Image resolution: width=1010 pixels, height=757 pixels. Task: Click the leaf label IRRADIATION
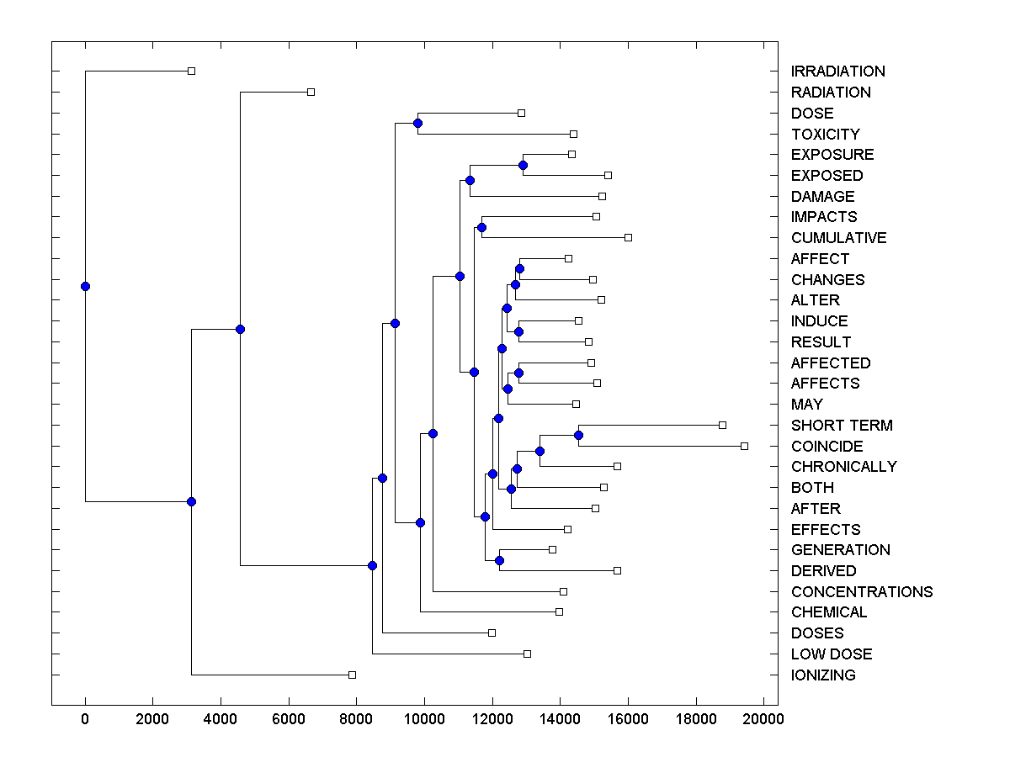pos(837,71)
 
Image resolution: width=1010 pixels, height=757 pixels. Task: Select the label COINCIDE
pos(827,446)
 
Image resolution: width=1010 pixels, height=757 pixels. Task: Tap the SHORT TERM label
pos(842,426)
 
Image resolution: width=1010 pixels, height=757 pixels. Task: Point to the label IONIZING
pos(822,675)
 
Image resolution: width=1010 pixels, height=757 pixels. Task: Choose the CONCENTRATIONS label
pos(861,591)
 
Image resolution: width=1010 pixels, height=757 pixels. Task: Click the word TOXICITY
pos(825,134)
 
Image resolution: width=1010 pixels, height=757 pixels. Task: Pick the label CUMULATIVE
pos(838,238)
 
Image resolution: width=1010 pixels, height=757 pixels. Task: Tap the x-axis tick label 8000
pos(356,720)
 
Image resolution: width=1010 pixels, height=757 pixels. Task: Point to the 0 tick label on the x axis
pos(85,720)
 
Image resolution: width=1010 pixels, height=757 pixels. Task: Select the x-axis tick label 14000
pos(560,720)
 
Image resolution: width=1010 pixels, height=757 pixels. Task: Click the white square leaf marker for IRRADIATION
pos(191,71)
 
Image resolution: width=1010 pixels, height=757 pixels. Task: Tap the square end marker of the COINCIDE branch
pos(744,446)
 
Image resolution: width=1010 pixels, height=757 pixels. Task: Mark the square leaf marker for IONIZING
pos(352,675)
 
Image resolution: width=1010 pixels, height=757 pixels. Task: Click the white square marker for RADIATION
pos(311,92)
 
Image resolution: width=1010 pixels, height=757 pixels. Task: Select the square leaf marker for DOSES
pos(492,633)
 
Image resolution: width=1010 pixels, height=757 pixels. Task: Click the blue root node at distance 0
pos(85,286)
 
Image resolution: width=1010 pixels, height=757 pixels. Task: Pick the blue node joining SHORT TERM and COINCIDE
pos(578,435)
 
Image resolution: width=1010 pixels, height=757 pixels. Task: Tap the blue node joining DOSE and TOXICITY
pos(417,123)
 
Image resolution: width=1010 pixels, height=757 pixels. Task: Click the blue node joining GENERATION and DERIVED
pos(499,560)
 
